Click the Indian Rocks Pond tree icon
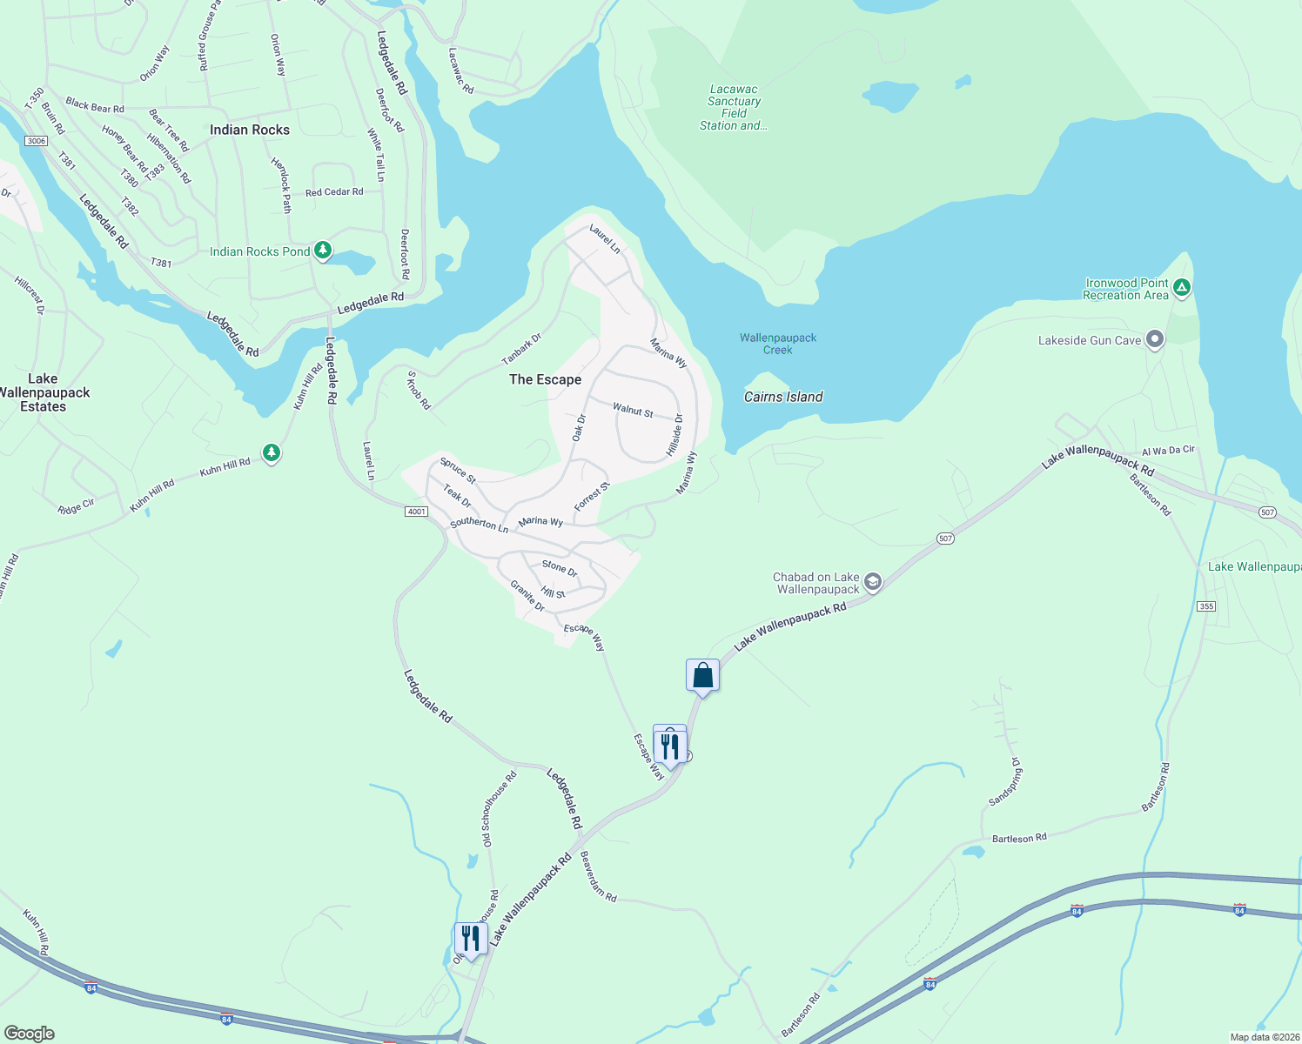[323, 251]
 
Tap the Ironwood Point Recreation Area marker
[1181, 286]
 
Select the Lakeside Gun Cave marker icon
[1155, 339]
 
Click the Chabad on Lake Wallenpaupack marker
[873, 582]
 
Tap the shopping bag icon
[702, 676]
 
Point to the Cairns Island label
[783, 397]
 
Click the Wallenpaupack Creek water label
[778, 344]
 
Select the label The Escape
[545, 379]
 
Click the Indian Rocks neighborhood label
[250, 130]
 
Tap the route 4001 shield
[417, 511]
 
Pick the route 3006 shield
[36, 141]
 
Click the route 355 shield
[1205, 606]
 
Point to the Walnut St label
[633, 410]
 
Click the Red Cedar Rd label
[334, 192]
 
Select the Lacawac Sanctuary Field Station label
[734, 107]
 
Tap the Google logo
[30, 1034]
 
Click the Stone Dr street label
[560, 568]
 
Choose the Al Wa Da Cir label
[1168, 451]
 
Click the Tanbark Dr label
[521, 349]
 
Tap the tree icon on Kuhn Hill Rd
[272, 452]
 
